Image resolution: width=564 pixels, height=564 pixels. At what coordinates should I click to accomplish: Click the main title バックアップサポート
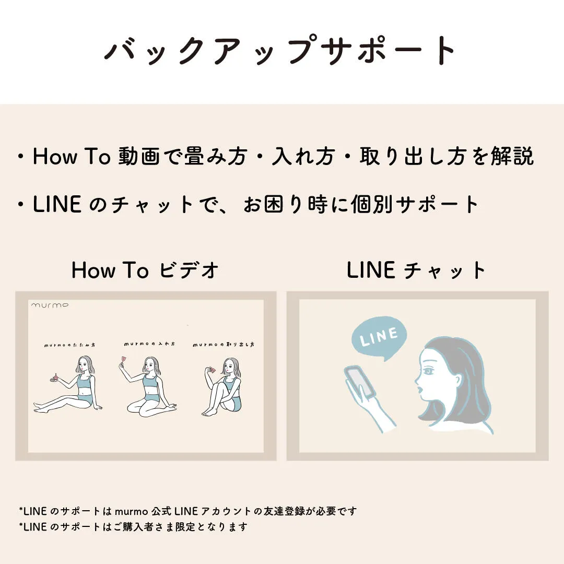pos(280,50)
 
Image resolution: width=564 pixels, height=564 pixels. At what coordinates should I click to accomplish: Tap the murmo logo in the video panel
pos(50,305)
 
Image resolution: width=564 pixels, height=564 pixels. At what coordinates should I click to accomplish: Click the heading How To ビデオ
pos(145,270)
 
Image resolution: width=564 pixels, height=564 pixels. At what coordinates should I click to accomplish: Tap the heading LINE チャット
pos(416,270)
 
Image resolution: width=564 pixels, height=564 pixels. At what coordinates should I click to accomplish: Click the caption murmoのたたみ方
pos(69,345)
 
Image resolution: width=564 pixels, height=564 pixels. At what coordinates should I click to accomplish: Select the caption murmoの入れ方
pos(150,344)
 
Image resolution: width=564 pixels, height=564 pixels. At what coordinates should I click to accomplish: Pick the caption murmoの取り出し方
pos(224,345)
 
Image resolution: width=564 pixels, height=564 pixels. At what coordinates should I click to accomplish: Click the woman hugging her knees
pos(222,387)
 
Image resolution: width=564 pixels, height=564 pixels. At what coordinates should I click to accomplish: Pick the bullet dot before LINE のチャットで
pos(21,204)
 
